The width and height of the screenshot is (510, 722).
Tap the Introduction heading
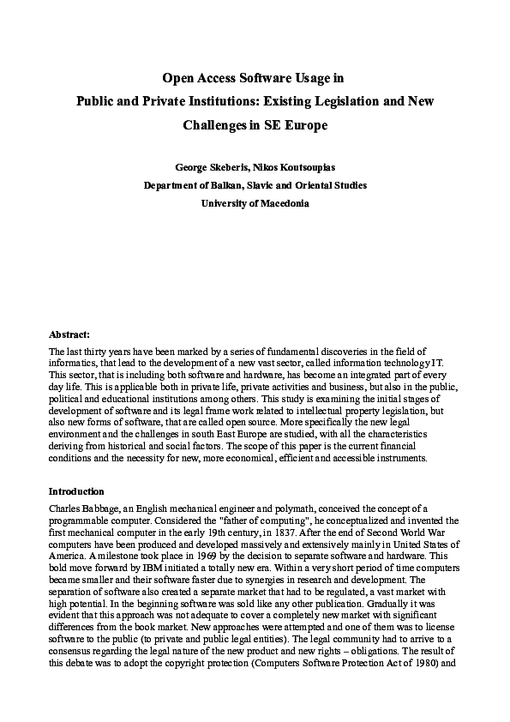point(76,491)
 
